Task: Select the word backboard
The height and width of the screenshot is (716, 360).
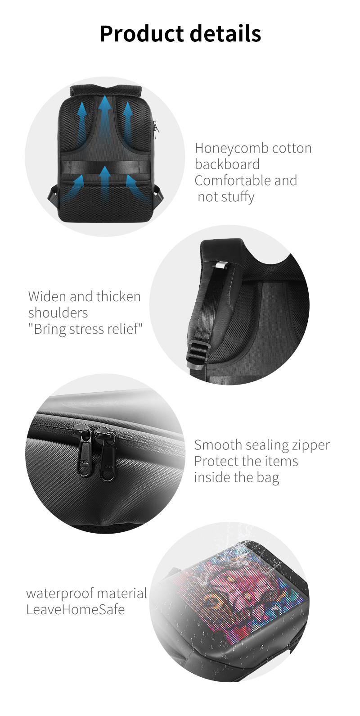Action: tap(227, 164)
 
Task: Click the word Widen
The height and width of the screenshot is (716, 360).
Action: tap(47, 296)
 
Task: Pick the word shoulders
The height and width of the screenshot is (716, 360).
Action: tap(58, 313)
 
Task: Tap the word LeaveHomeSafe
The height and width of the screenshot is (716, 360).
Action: tap(76, 610)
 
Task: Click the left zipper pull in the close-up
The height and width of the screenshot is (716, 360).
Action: tap(83, 450)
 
